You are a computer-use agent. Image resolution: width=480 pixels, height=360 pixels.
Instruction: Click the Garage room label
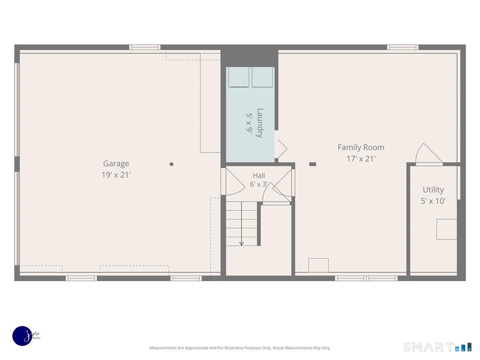tap(116, 164)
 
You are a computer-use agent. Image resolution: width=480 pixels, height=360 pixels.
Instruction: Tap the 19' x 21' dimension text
tap(116, 175)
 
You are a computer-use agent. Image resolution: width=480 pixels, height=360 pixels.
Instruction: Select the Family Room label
tap(361, 148)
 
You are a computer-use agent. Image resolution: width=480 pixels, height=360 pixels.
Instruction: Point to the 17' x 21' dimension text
tap(361, 159)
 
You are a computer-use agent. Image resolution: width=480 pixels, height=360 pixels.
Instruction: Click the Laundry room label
tap(260, 123)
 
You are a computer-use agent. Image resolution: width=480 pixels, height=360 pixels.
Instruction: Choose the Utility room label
tap(433, 190)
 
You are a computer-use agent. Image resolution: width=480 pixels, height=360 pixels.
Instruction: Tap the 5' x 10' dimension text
tap(433, 201)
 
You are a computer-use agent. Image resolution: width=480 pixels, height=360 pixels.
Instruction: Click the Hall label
tap(259, 176)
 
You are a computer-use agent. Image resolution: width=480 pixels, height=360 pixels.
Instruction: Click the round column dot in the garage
tap(172, 164)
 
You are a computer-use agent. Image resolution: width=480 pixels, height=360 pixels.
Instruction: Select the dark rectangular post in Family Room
tap(312, 164)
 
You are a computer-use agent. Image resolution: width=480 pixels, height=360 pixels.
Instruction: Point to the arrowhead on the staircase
tap(242, 244)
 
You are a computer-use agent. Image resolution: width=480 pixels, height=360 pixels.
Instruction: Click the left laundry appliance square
tap(238, 77)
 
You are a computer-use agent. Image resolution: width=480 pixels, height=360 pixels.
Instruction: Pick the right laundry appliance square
tap(262, 77)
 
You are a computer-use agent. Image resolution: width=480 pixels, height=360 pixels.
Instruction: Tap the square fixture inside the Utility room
tap(446, 229)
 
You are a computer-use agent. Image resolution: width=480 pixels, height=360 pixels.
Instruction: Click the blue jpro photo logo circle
tap(22, 336)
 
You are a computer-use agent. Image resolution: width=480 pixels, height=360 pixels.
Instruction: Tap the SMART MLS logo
tap(437, 347)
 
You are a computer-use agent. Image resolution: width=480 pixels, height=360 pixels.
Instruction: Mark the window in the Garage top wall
tap(144, 47)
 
